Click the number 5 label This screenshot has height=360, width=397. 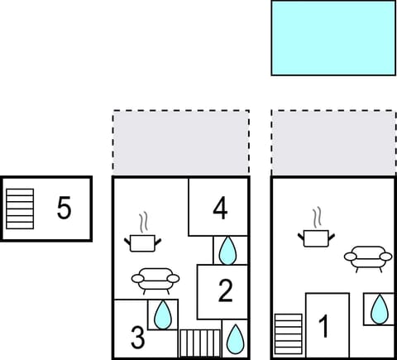[x=64, y=209]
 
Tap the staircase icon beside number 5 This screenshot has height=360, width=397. [x=20, y=209]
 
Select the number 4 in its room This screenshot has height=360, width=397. [x=220, y=209]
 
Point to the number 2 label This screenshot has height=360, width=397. [x=225, y=290]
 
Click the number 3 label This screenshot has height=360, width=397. [x=137, y=338]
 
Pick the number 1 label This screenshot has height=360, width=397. [x=324, y=327]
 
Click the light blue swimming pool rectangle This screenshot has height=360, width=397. [x=333, y=37]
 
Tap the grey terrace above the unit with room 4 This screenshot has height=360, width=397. [x=180, y=143]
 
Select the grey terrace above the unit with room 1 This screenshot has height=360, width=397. [x=333, y=143]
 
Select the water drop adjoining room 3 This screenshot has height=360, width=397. [x=163, y=314]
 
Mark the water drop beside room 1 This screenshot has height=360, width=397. [x=379, y=310]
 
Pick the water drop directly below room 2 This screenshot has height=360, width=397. [x=235, y=338]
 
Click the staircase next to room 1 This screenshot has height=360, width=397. [x=289, y=335]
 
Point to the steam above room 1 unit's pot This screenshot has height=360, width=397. [x=316, y=218]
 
